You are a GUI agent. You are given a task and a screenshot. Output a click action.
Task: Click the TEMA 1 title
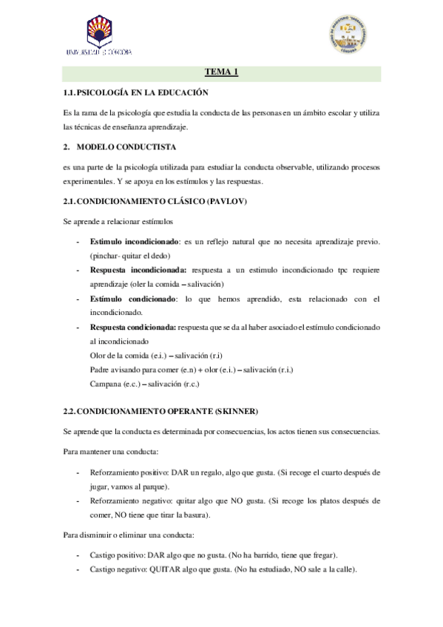(221, 72)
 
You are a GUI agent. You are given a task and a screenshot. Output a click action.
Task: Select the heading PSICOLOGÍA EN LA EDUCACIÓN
(143, 92)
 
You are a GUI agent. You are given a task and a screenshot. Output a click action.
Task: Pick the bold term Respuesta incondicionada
(138, 271)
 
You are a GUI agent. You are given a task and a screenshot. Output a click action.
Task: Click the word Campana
(106, 384)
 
